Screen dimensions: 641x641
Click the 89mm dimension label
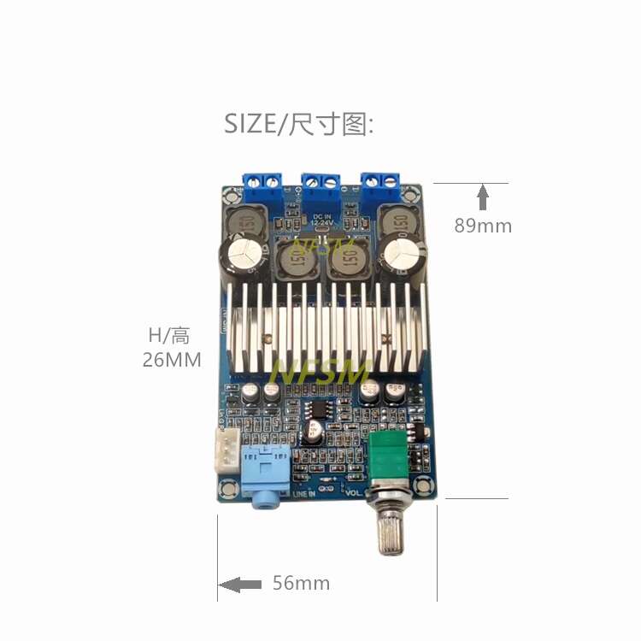click(483, 226)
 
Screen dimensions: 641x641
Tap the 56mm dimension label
click(301, 584)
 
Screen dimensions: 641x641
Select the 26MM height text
click(172, 361)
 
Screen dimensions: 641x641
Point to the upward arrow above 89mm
click(483, 197)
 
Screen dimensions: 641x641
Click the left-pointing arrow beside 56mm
click(240, 585)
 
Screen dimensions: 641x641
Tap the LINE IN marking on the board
click(304, 494)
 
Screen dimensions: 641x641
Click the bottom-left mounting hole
click(230, 489)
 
